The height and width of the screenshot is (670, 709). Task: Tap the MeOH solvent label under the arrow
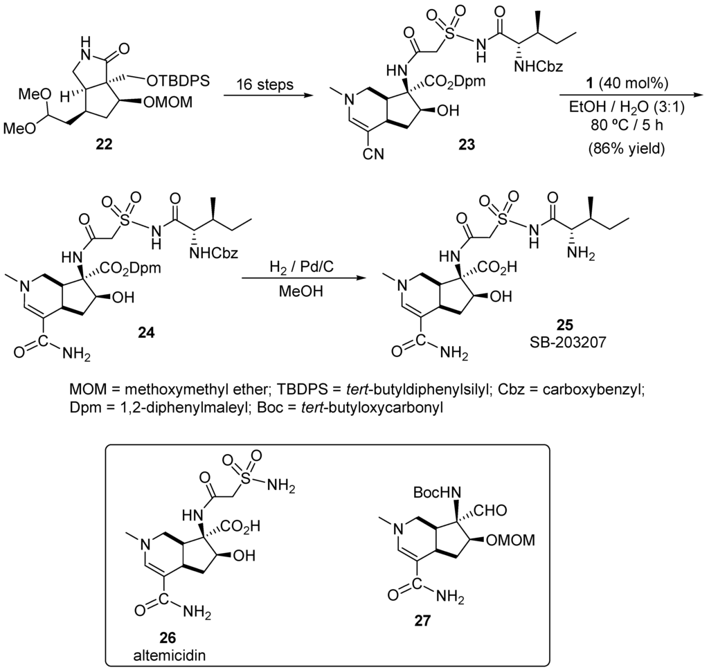point(303,293)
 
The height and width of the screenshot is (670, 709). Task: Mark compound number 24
point(145,333)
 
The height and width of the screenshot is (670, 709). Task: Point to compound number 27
point(421,622)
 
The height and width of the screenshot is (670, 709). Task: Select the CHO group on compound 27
point(493,510)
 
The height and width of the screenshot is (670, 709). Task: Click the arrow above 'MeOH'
point(303,280)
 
